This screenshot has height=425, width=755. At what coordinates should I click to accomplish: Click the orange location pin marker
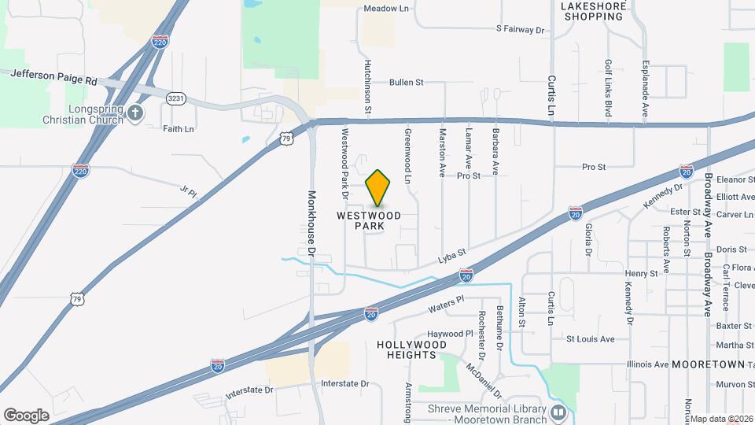[377, 188]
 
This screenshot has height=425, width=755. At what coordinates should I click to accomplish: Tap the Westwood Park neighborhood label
[369, 220]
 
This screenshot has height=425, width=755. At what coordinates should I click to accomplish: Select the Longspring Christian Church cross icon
[135, 113]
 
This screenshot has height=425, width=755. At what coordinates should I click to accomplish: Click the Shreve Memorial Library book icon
[558, 411]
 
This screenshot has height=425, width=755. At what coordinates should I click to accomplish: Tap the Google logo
[26, 415]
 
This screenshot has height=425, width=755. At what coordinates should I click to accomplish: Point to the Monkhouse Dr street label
[312, 224]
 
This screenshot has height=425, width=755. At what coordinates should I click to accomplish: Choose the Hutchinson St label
[366, 87]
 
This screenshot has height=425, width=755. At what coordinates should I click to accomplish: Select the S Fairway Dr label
[520, 29]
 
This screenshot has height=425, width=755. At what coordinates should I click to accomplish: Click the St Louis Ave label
[591, 339]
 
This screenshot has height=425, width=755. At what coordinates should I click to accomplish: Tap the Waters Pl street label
[447, 303]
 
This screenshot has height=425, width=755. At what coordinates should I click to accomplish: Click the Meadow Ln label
[387, 9]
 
